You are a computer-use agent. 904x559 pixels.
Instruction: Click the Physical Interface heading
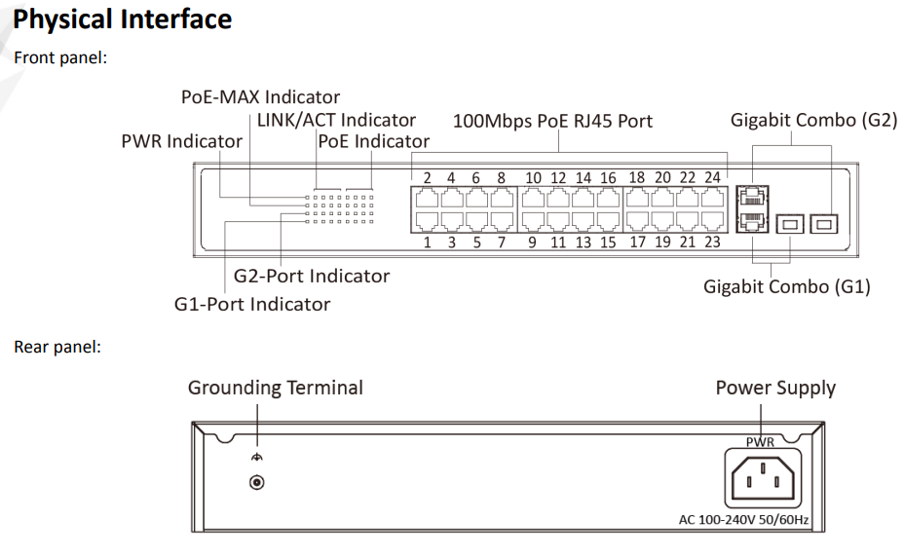pyautogui.click(x=123, y=19)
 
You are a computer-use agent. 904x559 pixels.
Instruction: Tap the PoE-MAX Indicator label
pyautogui.click(x=260, y=96)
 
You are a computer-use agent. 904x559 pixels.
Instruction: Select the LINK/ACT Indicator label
pyautogui.click(x=336, y=120)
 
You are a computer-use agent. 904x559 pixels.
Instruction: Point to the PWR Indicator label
pyautogui.click(x=181, y=141)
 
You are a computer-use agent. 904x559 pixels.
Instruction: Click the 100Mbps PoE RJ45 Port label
pyautogui.click(x=552, y=121)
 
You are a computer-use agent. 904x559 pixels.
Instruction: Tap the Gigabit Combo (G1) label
pyautogui.click(x=786, y=286)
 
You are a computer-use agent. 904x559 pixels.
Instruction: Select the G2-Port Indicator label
pyautogui.click(x=311, y=276)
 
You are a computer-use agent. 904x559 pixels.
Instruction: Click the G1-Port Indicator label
pyautogui.click(x=251, y=304)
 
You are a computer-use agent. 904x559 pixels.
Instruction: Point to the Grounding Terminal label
pyautogui.click(x=275, y=388)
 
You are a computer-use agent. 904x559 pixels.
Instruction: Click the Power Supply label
pyautogui.click(x=775, y=388)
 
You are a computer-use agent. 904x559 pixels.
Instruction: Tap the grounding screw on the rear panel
pyautogui.click(x=257, y=482)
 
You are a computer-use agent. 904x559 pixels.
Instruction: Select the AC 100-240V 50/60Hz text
pyautogui.click(x=743, y=519)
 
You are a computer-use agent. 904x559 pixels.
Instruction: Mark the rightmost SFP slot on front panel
pyautogui.click(x=825, y=224)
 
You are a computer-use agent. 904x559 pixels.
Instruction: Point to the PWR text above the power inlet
pyautogui.click(x=760, y=441)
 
